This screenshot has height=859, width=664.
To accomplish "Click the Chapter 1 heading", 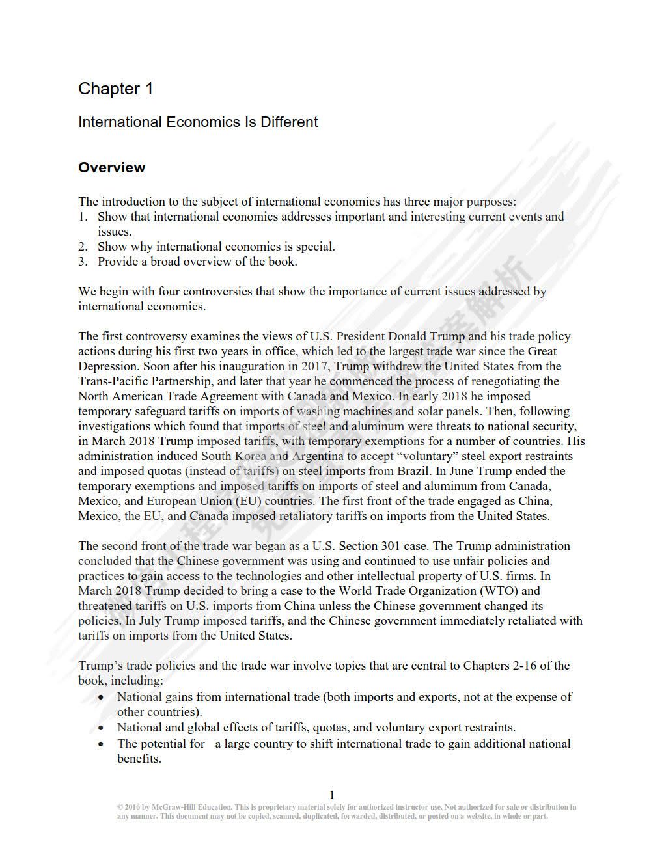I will pyautogui.click(x=116, y=89).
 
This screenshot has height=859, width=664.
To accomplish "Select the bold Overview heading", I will pyautogui.click(x=111, y=167).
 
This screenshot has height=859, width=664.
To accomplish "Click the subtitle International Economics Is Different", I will pyautogui.click(x=198, y=122).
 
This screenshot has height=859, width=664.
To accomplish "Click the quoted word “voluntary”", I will pyautogui.click(x=456, y=456).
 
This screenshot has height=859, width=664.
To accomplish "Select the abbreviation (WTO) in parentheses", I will pyautogui.click(x=499, y=591).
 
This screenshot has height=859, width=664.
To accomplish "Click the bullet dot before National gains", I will pyautogui.click(x=100, y=697).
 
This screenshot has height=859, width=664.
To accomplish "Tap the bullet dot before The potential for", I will pyautogui.click(x=100, y=744).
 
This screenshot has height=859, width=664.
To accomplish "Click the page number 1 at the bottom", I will pyautogui.click(x=332, y=795).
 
